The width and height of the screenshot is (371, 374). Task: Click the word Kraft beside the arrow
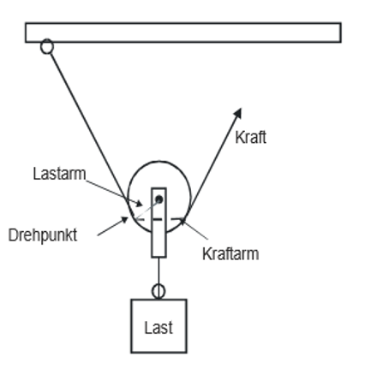(x=251, y=137)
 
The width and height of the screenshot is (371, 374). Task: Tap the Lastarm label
(x=59, y=174)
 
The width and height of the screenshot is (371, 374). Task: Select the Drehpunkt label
(x=43, y=235)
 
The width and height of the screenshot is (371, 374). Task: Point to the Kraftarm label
(x=230, y=253)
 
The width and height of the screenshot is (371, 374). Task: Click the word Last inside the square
(x=159, y=328)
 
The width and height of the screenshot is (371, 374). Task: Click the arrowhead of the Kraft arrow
(x=238, y=113)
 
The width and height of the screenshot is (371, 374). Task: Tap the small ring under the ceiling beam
(x=47, y=46)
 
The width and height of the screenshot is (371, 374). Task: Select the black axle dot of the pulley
(x=159, y=199)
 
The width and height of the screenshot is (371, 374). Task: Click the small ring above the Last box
(x=159, y=291)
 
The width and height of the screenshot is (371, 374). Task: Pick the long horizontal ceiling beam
(x=183, y=33)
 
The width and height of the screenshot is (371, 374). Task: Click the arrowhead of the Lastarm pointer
(x=139, y=204)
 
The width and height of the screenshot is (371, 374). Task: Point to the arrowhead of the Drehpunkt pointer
(x=124, y=220)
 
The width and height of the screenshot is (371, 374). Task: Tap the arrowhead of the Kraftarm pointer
(x=183, y=221)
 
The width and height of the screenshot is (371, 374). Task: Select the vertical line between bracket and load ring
(x=159, y=270)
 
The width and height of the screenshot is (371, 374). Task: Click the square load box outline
(x=131, y=326)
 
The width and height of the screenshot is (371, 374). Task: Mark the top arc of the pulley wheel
(x=159, y=162)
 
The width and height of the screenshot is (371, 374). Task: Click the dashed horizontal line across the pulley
(x=159, y=219)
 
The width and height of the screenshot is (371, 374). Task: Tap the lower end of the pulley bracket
(x=159, y=257)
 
